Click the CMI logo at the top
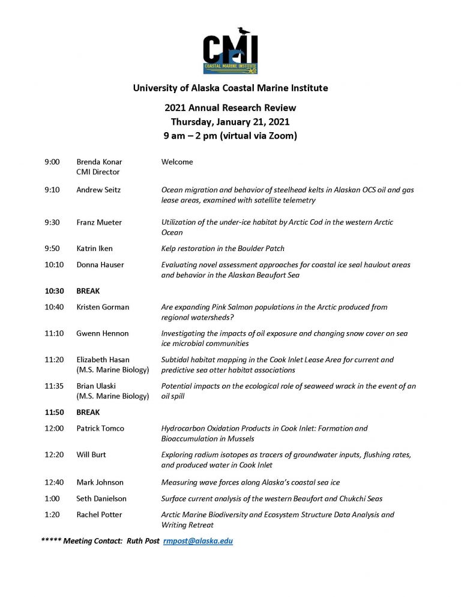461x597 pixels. tap(230, 52)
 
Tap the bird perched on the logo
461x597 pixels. tap(243, 31)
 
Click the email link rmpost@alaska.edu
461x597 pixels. tap(198, 541)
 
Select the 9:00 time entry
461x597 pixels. tap(52, 162)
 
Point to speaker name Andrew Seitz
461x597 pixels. tap(98, 190)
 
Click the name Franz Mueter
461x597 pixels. tap(99, 222)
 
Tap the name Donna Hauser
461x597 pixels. tap(100, 265)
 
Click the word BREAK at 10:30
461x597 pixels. tap(88, 291)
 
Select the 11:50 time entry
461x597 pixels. tap(55, 413)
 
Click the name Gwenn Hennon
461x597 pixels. tap(102, 333)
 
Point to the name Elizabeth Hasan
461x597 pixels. tap(103, 360)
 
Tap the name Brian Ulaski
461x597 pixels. tap(97, 386)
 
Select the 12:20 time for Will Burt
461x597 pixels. tap(54, 455)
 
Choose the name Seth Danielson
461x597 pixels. tap(101, 499)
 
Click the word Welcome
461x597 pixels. tap(177, 162)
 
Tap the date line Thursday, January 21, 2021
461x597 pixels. tap(230, 121)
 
